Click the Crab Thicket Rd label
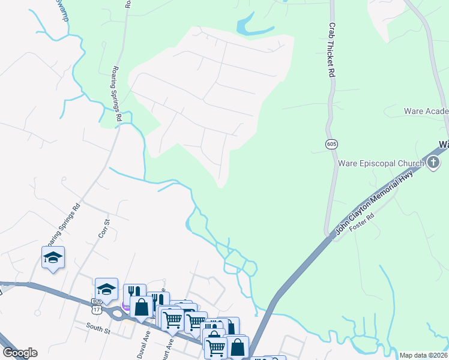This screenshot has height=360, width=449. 331,50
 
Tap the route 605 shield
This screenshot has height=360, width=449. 331,144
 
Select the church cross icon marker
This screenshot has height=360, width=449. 433,163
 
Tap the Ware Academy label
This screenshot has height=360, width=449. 426,112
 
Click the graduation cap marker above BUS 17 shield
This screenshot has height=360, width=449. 106,288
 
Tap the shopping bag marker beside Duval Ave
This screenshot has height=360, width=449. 142,307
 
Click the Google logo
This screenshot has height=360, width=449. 20,353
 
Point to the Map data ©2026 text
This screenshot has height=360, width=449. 423,355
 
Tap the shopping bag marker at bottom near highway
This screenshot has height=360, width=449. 238,346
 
